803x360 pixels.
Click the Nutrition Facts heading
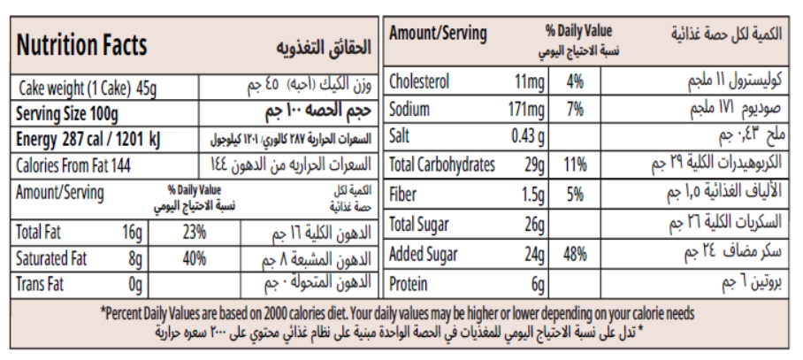click(x=82, y=45)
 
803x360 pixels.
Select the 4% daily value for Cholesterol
click(x=576, y=82)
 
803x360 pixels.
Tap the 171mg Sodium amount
click(x=528, y=110)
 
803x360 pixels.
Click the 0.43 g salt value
click(x=528, y=137)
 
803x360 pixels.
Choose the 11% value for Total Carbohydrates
click(x=576, y=165)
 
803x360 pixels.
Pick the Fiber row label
click(x=404, y=195)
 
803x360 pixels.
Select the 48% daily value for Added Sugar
click(x=576, y=255)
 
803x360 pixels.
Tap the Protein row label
click(x=409, y=285)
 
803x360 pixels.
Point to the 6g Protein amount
click(x=536, y=285)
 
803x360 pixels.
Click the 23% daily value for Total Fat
click(x=195, y=233)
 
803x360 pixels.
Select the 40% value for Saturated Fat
click(x=195, y=259)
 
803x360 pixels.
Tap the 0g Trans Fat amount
click(x=135, y=285)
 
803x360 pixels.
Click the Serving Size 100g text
click(x=67, y=114)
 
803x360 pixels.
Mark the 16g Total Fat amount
click(x=133, y=233)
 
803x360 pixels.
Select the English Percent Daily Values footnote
click(x=397, y=313)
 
